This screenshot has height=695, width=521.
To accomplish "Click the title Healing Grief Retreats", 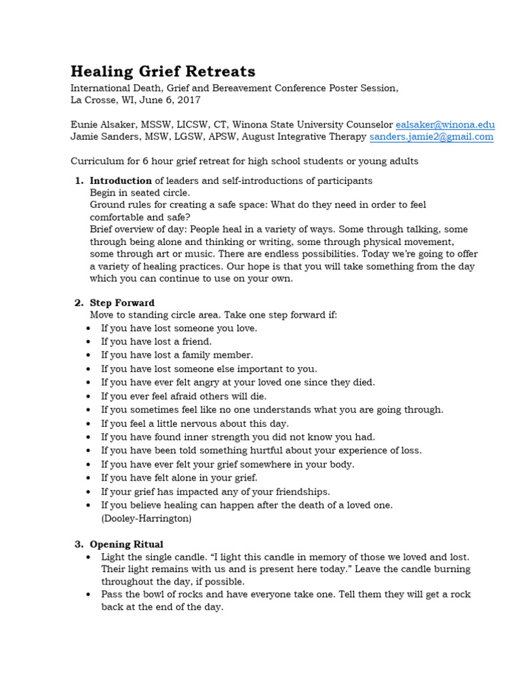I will pyautogui.click(x=163, y=71).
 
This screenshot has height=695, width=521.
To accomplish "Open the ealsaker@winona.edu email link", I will pyautogui.click(x=445, y=125).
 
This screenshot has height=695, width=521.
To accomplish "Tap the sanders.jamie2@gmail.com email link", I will pyautogui.click(x=431, y=136).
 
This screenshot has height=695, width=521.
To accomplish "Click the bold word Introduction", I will pyautogui.click(x=121, y=181).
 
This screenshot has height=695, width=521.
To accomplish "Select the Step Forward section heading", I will pyautogui.click(x=122, y=303).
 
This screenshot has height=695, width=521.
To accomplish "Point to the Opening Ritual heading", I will pyautogui.click(x=126, y=544).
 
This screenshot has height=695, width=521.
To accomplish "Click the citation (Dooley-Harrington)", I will pyautogui.click(x=147, y=519).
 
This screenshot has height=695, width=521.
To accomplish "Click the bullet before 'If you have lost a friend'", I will pyautogui.click(x=90, y=342).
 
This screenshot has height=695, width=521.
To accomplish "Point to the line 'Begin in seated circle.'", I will pyautogui.click(x=140, y=193).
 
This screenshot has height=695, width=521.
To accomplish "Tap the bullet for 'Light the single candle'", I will pyautogui.click(x=90, y=557).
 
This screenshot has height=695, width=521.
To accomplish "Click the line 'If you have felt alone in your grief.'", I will pyautogui.click(x=179, y=478).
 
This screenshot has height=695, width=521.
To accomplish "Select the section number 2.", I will pyautogui.click(x=77, y=303).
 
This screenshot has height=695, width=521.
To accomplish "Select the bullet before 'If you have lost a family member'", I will pyautogui.click(x=90, y=356).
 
